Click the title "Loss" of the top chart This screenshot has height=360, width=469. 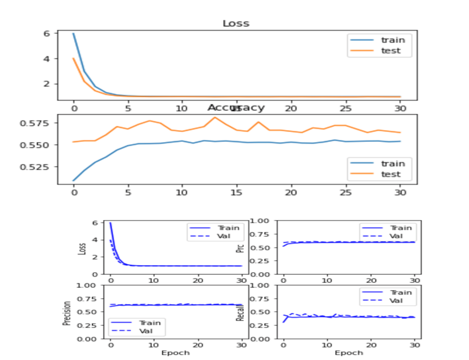click(236, 23)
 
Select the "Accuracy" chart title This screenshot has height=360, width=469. click(236, 108)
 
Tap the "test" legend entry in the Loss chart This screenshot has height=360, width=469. click(391, 51)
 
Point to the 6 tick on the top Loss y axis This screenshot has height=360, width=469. click(47, 34)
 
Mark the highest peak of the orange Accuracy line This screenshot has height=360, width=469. click(215, 117)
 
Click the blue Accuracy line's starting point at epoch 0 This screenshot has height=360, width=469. click(74, 180)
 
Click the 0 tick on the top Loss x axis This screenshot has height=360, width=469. click(74, 108)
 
